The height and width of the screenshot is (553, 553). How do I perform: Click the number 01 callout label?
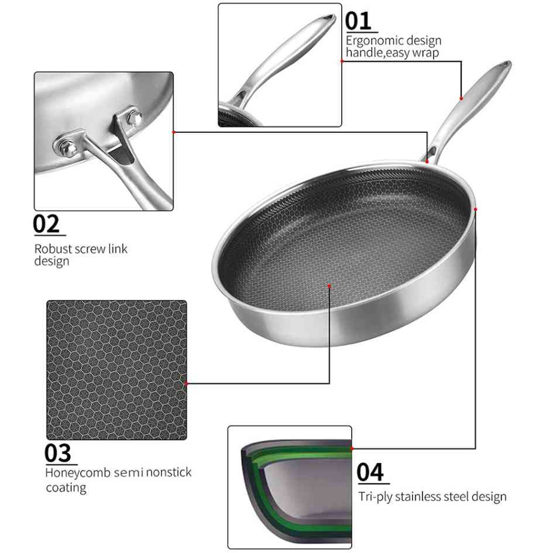pyautogui.click(x=358, y=21)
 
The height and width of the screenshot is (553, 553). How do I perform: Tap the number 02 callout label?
pyautogui.click(x=46, y=224)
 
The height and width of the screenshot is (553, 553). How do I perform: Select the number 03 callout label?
pyautogui.click(x=58, y=454)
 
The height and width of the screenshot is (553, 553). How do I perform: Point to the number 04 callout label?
pyautogui.click(x=370, y=472)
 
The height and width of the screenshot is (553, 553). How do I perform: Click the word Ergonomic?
pyautogui.click(x=373, y=41)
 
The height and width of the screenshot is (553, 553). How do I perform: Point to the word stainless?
pyautogui.click(x=420, y=497)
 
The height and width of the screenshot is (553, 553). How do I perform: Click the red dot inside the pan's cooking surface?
pyautogui.click(x=330, y=286)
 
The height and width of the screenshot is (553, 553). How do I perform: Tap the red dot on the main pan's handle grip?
pyautogui.click(x=462, y=98)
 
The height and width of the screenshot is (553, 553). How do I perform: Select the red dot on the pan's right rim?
pyautogui.click(x=476, y=209)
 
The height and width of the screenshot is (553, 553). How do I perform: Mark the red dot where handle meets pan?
pyautogui.click(x=427, y=161)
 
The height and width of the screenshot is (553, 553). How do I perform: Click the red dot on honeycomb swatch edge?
pyautogui.click(x=187, y=383)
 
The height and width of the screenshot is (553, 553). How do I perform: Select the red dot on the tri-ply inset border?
pyautogui.click(x=352, y=448)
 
